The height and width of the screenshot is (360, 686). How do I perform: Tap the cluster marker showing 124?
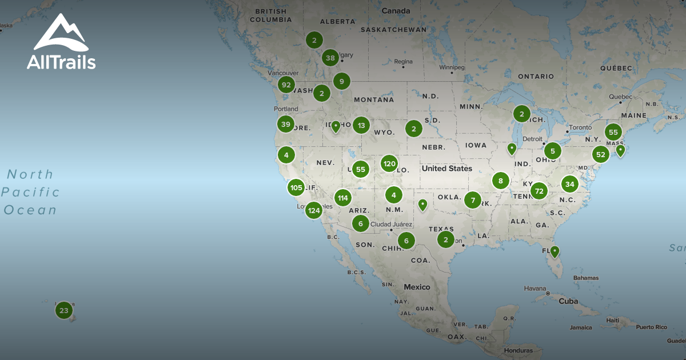coord(314,210)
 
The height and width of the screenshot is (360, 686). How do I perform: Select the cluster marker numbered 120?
coord(389,164)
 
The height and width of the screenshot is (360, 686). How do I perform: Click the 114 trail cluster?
coord(342,198)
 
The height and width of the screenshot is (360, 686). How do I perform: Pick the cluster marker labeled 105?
coord(296,187)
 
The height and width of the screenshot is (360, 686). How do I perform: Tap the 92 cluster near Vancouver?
coord(286,85)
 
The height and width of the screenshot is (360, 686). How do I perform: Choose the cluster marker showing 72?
coord(539,191)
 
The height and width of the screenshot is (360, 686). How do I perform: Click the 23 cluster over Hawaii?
coord(63,311)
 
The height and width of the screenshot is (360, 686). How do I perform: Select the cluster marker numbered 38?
coord(330,58)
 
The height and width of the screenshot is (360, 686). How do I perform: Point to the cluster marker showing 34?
coord(569,184)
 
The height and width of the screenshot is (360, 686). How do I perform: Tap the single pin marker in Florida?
coord(554,251)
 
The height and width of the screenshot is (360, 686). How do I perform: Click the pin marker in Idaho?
coord(336,126)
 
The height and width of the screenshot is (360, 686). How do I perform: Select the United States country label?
coord(447,169)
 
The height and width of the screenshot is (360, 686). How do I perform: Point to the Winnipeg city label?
coord(452,67)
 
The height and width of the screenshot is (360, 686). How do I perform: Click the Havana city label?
coord(535,288)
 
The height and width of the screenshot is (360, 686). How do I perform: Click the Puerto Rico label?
coord(651,327)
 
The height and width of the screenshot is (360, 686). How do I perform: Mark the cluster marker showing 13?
coord(361,125)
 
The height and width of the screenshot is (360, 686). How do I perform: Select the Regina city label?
coord(403,62)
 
